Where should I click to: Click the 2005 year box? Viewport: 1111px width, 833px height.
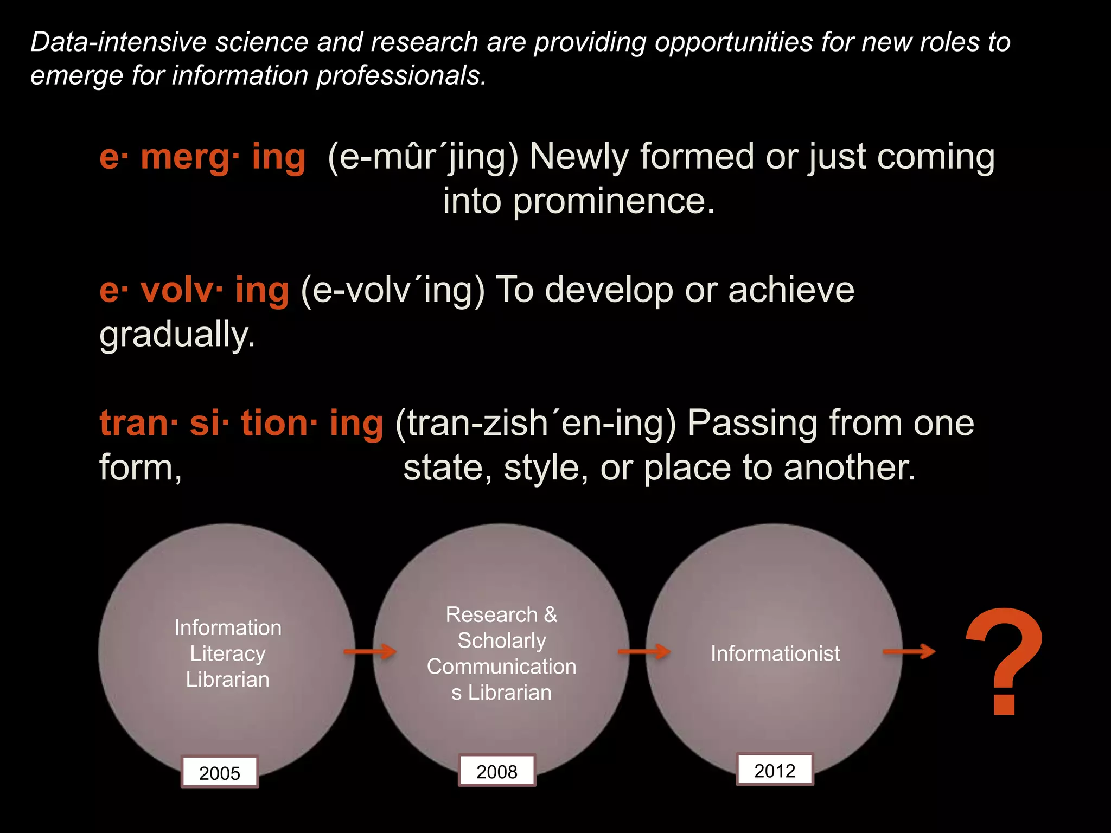(220, 772)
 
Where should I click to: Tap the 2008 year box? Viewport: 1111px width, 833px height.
(497, 771)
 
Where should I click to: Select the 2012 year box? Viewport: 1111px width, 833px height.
(775, 770)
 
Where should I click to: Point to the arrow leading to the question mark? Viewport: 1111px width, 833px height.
(909, 651)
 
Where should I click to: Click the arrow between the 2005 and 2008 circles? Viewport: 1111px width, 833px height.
(371, 651)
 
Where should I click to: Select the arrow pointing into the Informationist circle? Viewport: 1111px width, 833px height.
(644, 651)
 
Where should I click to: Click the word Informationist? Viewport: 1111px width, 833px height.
(775, 653)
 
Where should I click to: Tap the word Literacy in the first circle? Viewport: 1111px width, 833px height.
(228, 653)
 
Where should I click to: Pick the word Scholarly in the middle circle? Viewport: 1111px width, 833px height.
(502, 640)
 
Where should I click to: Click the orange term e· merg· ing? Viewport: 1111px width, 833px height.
(202, 157)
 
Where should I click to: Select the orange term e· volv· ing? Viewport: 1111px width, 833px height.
(194, 290)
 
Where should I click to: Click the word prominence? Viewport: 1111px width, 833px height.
(613, 201)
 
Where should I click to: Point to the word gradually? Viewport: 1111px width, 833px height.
(177, 335)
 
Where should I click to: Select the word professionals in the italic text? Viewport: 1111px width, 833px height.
(401, 75)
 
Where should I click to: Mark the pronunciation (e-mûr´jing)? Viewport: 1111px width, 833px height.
(423, 157)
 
